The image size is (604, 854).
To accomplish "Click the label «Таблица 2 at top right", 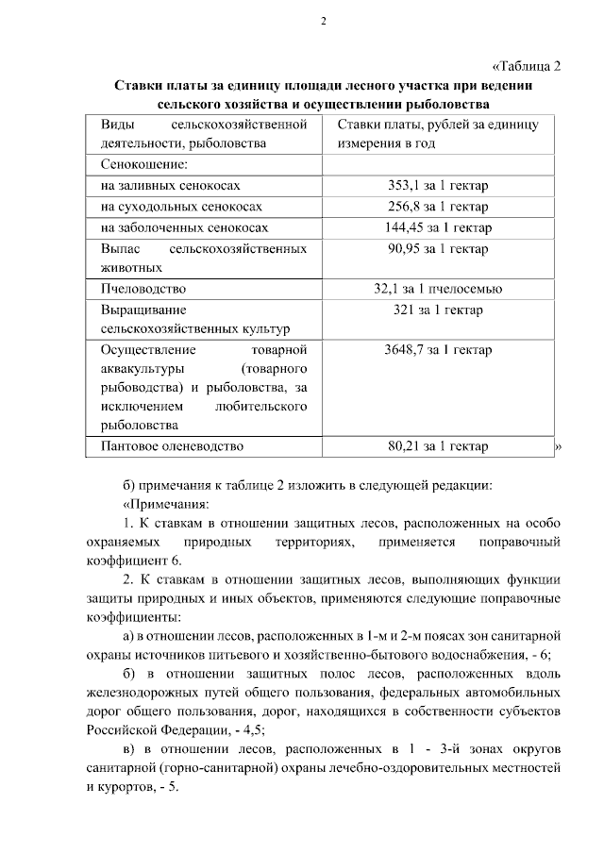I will [528, 66].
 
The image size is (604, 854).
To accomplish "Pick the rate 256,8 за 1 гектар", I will [437, 206].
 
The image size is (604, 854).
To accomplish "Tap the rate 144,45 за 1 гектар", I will [437, 227].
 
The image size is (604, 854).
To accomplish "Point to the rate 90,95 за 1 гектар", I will [437, 249].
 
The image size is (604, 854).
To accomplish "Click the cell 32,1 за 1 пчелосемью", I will [437, 289].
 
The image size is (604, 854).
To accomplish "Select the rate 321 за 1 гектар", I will [437, 310].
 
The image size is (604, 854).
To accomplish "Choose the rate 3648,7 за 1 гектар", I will [437, 350].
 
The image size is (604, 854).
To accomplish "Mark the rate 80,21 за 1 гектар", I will [437, 445].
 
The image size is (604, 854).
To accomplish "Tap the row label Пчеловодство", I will [143, 289].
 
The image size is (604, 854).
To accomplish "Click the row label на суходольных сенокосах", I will [180, 206].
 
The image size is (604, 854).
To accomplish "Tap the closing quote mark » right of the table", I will [558, 446].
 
